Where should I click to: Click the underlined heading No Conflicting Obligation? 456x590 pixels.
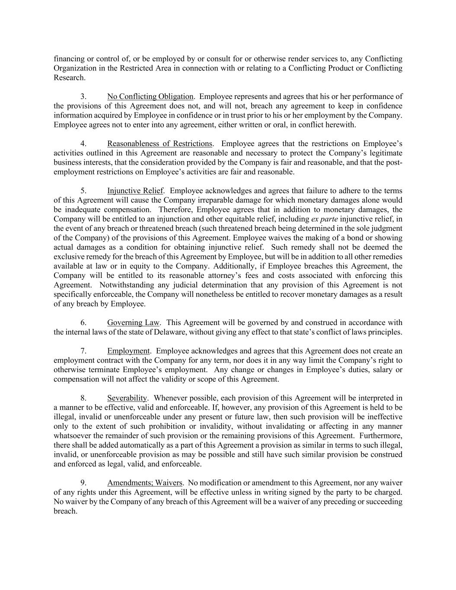(x=150, y=96)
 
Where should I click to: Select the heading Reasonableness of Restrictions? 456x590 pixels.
(x=159, y=144)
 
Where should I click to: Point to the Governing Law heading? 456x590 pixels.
(x=133, y=322)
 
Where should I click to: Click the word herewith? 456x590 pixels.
(x=342, y=125)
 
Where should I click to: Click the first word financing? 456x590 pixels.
(x=68, y=59)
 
